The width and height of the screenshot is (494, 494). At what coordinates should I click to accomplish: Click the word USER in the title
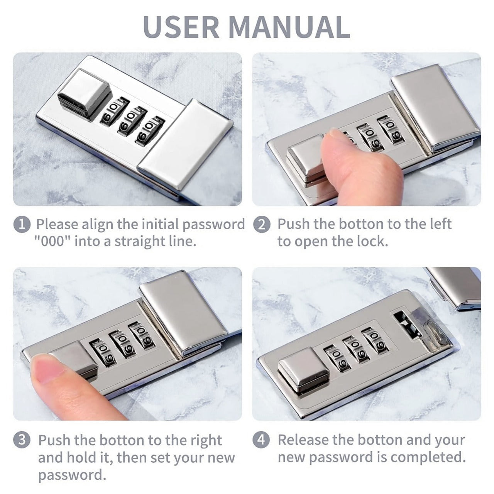(181, 27)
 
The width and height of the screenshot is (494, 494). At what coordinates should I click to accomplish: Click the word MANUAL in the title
(289, 27)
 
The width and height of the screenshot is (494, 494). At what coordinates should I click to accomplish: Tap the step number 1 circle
(22, 225)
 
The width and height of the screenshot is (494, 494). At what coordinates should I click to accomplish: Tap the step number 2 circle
(262, 225)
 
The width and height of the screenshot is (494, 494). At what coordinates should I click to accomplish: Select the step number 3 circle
(22, 440)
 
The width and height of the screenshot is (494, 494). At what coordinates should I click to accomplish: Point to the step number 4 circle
(261, 440)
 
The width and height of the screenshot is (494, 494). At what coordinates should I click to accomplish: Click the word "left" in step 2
(439, 224)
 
